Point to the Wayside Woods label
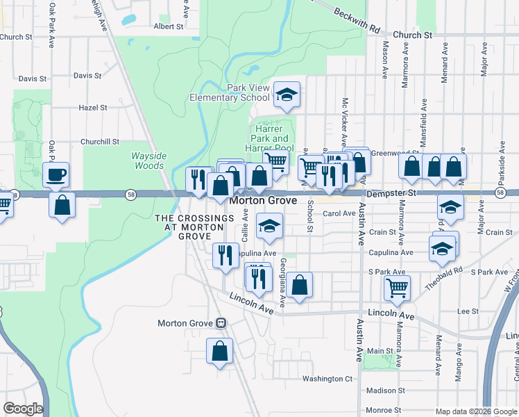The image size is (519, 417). (x=148, y=161)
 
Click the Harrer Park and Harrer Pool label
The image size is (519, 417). (x=269, y=138)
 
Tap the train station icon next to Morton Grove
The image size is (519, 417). (x=221, y=323)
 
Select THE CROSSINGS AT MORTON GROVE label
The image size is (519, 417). (x=194, y=227)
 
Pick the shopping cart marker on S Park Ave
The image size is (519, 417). (x=396, y=286)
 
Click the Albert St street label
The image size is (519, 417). (x=168, y=26)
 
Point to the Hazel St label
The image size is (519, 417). (x=93, y=108)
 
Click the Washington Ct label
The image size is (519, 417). (x=327, y=379)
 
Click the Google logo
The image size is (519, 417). (x=22, y=409)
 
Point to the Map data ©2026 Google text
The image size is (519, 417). (x=475, y=411)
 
